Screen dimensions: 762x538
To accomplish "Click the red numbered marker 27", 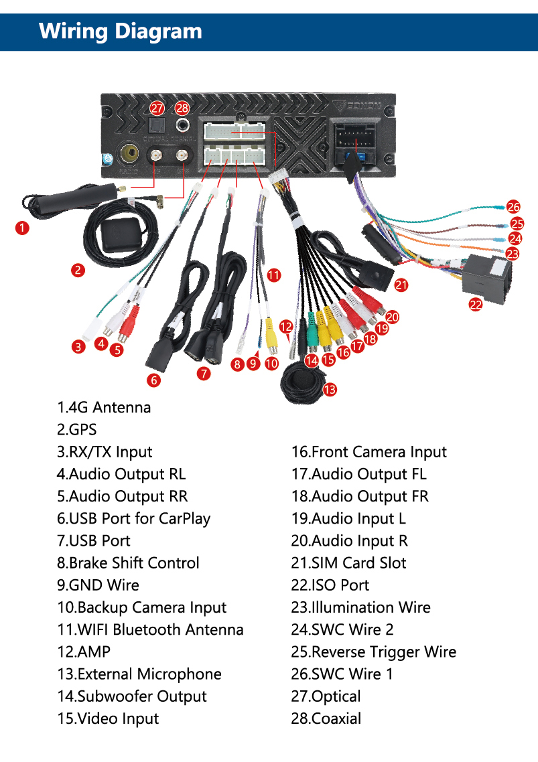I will (157, 108).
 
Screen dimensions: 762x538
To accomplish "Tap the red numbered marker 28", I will (182, 108).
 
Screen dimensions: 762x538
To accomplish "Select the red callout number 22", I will (476, 304).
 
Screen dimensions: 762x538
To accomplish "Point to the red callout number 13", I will (330, 389).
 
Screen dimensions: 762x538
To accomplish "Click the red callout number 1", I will (22, 228).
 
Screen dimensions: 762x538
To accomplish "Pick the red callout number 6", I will (155, 380).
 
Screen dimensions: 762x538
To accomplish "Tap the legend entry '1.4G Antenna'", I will (104, 407).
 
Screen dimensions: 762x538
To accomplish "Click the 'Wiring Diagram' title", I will (121, 31).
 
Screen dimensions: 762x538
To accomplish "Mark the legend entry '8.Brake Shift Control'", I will (128, 563).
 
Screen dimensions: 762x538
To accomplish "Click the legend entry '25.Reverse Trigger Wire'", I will (373, 652).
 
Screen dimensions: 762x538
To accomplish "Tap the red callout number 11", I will (273, 275).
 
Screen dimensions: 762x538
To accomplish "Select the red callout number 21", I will (401, 285).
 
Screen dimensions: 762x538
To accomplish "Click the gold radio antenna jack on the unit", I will (127, 155).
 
